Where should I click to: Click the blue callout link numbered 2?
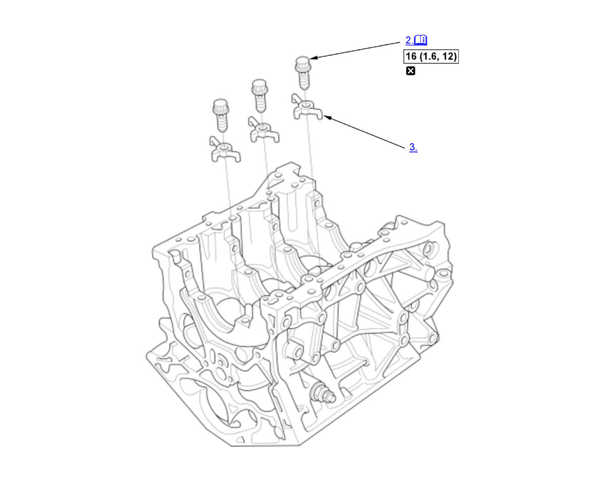pos(409,40)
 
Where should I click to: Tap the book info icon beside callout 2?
pos(420,40)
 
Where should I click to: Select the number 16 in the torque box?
pos(411,56)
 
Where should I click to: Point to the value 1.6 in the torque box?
pos(429,56)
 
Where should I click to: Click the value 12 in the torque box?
pos(448,56)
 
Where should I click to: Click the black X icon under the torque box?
pos(411,71)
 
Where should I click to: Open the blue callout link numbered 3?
pos(413,147)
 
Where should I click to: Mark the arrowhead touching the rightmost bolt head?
pos(313,58)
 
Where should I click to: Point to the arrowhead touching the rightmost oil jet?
pos(327,118)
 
